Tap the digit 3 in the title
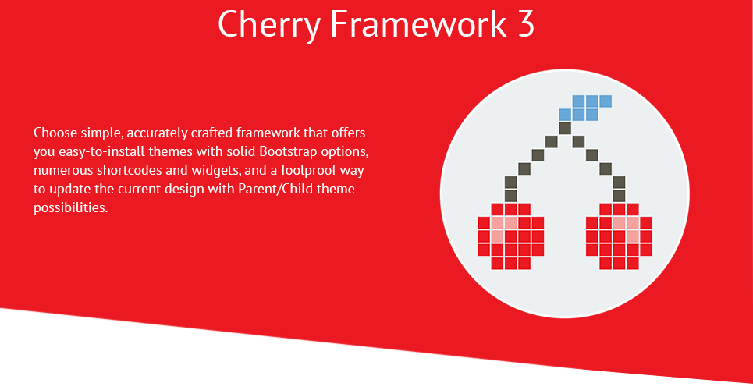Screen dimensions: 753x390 pos(526,23)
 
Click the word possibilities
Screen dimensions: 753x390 pos(70,208)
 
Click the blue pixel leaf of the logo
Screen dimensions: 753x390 pos(585,108)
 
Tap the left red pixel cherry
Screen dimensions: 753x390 pos(511,236)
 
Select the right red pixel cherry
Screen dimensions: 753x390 pos(619,236)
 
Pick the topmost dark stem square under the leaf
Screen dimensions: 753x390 pos(565,128)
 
